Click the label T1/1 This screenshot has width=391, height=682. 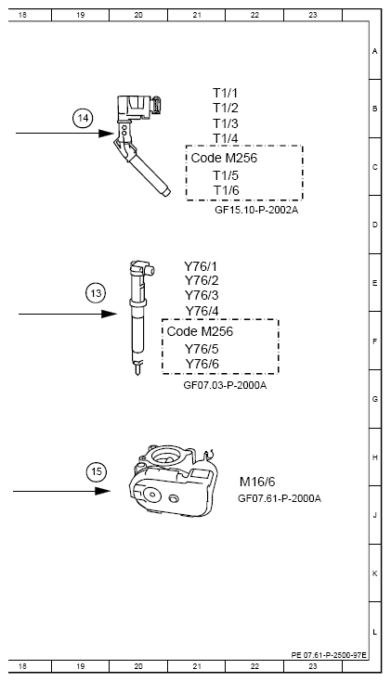pyautogui.click(x=226, y=93)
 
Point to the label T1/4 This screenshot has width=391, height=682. pyautogui.click(x=226, y=138)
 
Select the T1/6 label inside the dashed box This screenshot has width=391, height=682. pyautogui.click(x=226, y=190)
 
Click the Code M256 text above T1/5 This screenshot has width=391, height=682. pyautogui.click(x=224, y=158)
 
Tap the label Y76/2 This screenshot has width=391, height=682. pyautogui.click(x=202, y=280)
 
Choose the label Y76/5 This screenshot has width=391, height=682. pyautogui.click(x=202, y=348)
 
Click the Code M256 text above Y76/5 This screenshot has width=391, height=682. pyautogui.click(x=200, y=331)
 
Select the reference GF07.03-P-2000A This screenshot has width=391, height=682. pyautogui.click(x=225, y=384)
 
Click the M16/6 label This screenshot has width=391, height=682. pyautogui.click(x=257, y=482)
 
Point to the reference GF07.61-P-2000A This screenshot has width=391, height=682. pyautogui.click(x=280, y=498)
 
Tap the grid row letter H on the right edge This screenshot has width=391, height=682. pyautogui.click(x=374, y=457)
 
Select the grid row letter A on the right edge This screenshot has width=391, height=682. pyautogui.click(x=374, y=51)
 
